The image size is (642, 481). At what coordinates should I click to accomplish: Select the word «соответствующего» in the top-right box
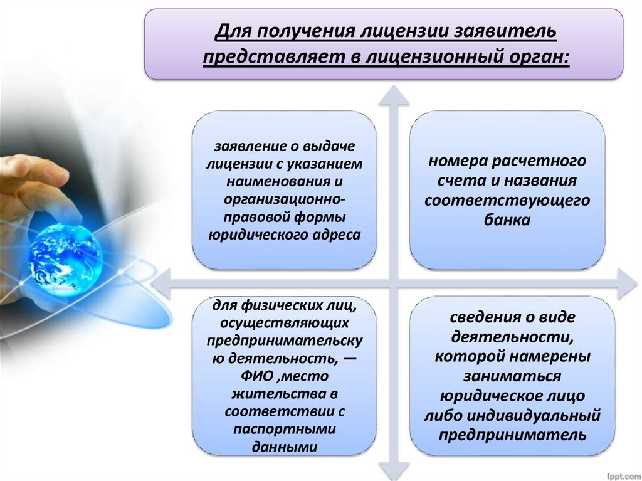pyautogui.click(x=507, y=200)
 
